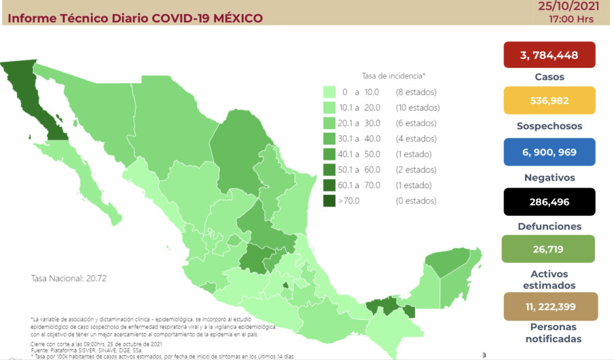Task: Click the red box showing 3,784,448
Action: (549, 55)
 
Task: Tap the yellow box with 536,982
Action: (549, 101)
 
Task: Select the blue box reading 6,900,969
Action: (549, 152)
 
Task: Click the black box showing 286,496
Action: (549, 202)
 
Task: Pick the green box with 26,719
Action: (549, 249)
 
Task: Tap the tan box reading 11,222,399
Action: (549, 306)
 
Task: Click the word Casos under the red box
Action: (549, 77)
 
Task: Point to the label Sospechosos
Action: (549, 126)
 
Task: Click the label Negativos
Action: (549, 177)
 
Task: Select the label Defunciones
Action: (549, 226)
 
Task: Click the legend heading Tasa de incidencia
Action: (394, 76)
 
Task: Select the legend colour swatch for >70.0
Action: (330, 200)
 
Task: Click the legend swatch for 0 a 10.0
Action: (330, 92)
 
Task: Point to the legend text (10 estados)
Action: (417, 107)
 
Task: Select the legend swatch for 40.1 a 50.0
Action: (330, 154)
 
